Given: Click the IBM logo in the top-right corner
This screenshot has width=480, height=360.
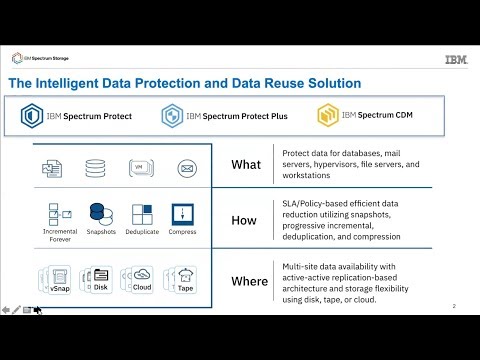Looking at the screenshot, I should click(x=454, y=59).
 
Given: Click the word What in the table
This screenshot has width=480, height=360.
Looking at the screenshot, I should click(x=246, y=165).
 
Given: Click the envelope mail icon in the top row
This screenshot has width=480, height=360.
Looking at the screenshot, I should click(x=185, y=167).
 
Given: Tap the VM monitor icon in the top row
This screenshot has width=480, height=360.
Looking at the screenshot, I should click(x=141, y=167).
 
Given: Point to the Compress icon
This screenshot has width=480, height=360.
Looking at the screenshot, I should click(x=182, y=215).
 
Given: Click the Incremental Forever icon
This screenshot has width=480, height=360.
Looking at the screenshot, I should click(x=56, y=215).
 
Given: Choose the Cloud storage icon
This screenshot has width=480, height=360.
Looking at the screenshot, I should click(x=141, y=276).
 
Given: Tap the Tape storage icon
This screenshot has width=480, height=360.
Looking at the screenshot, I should click(x=185, y=276).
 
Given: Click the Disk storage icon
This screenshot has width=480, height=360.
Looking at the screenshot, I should click(x=99, y=276).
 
